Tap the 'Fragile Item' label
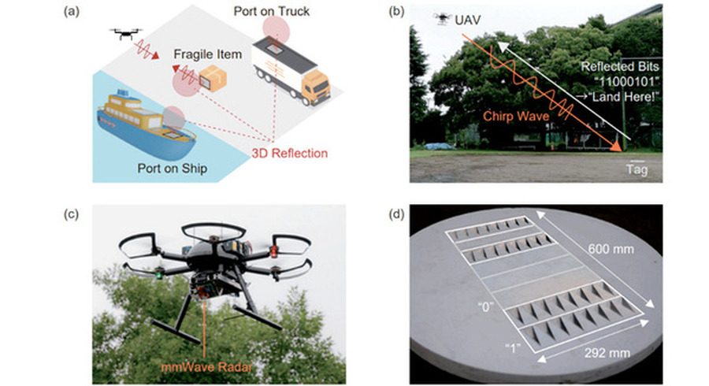click(206, 56)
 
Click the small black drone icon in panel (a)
click(123, 34)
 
